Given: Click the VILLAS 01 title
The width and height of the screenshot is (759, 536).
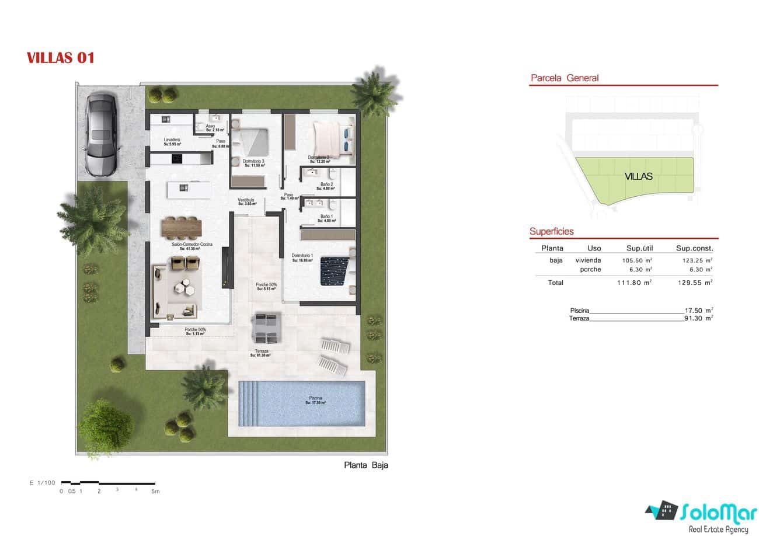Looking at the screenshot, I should point(60,58).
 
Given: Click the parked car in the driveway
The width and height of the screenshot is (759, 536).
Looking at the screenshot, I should point(103,134).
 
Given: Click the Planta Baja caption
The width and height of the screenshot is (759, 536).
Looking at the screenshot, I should point(366,465).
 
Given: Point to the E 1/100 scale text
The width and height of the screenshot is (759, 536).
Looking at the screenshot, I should point(42,483).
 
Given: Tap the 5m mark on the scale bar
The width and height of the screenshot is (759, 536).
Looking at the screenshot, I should point(155,491).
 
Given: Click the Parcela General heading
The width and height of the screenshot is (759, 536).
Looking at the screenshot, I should point(564,78).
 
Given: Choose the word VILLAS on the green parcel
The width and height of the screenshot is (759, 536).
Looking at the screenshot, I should point(638,176).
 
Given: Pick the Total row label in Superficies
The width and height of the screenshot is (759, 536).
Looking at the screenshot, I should point(556,283).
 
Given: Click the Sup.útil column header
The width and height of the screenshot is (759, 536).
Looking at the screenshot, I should point(639,248).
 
